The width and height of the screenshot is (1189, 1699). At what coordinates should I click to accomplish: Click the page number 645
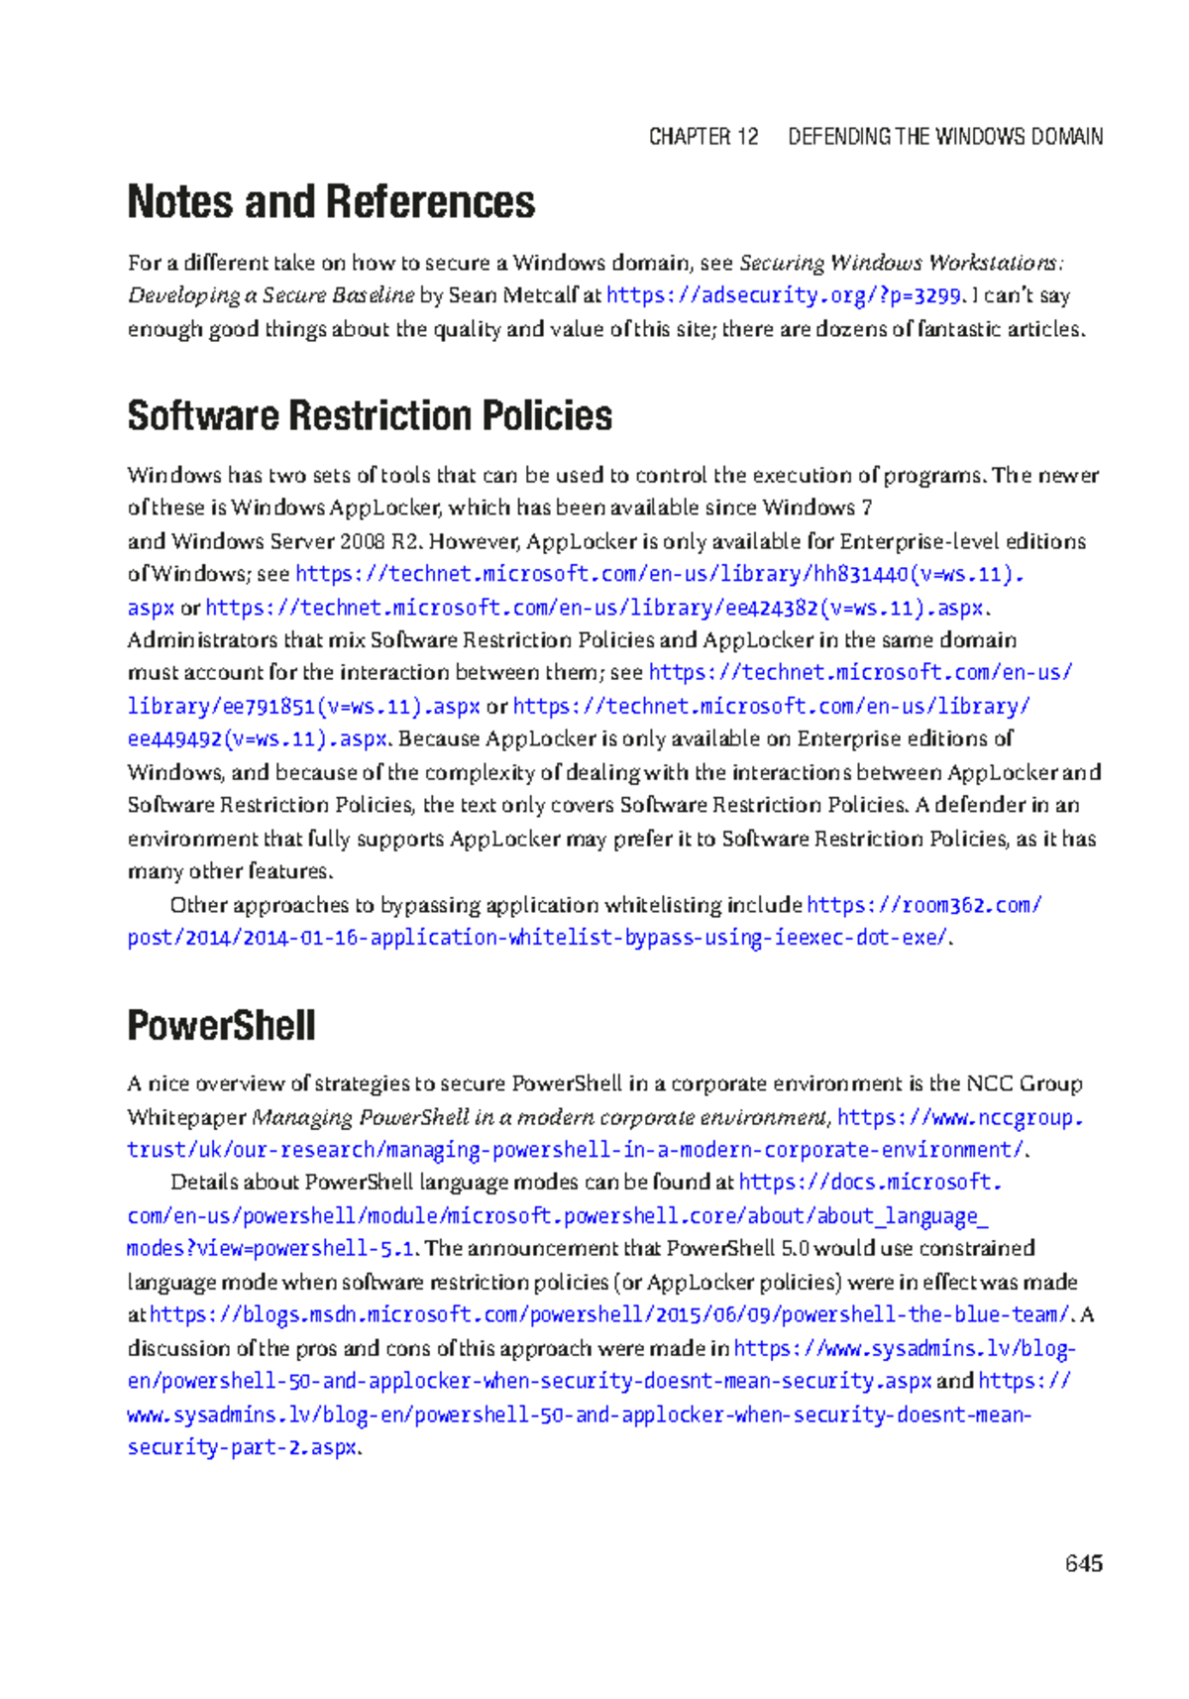[1083, 1563]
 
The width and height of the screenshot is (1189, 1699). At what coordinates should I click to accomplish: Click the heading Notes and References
[331, 202]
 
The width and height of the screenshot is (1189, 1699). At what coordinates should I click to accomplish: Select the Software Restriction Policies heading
[370, 415]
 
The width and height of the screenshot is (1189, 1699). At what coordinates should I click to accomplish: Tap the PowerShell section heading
[221, 1025]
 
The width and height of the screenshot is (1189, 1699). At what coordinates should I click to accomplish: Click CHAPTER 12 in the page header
[703, 137]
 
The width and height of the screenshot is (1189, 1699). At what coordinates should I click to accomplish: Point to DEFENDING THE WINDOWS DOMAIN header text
[944, 137]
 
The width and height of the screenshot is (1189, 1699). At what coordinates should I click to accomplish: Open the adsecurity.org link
[783, 295]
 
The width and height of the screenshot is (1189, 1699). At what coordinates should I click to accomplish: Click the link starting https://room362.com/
[923, 904]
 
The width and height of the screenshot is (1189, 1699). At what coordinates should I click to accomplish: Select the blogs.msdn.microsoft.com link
[609, 1314]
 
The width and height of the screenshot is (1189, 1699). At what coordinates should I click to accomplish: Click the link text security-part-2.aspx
[242, 1447]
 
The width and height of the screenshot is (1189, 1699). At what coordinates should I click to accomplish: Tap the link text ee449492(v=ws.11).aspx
[258, 738]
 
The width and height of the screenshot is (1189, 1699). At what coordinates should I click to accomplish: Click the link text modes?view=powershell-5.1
[270, 1249]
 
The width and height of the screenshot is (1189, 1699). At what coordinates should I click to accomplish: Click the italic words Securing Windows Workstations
[900, 263]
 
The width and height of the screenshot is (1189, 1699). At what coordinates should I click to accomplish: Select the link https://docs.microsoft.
[870, 1183]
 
